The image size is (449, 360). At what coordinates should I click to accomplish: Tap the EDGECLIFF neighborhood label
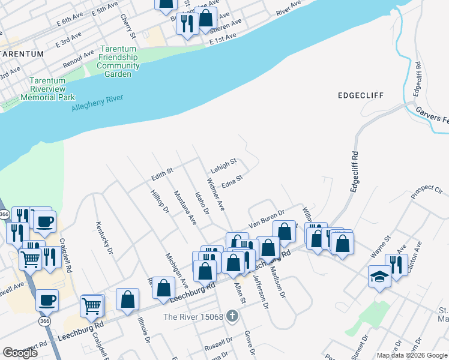tap(360, 95)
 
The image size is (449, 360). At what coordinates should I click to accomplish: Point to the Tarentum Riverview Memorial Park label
tap(48, 88)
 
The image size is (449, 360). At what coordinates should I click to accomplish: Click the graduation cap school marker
tap(379, 277)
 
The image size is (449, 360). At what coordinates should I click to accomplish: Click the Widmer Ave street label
tap(215, 194)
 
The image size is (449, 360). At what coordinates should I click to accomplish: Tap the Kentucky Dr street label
tap(104, 238)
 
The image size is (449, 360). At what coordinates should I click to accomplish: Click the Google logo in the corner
tap(20, 352)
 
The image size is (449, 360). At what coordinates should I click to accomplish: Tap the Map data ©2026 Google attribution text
tap(412, 355)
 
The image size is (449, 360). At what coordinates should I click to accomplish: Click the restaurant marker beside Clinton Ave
tap(396, 263)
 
